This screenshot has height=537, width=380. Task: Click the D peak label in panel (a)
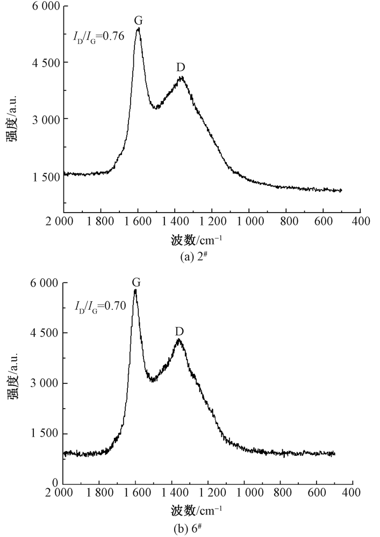[181, 67]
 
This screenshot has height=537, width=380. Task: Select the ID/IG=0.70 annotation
[100, 307]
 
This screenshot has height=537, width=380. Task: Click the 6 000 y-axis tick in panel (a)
[45, 6]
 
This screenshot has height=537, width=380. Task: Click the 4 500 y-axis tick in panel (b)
[45, 333]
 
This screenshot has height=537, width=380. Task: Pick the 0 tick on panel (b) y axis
[54, 484]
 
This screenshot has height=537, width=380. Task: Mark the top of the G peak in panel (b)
[135, 290]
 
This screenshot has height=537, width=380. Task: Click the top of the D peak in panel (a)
[182, 77]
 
